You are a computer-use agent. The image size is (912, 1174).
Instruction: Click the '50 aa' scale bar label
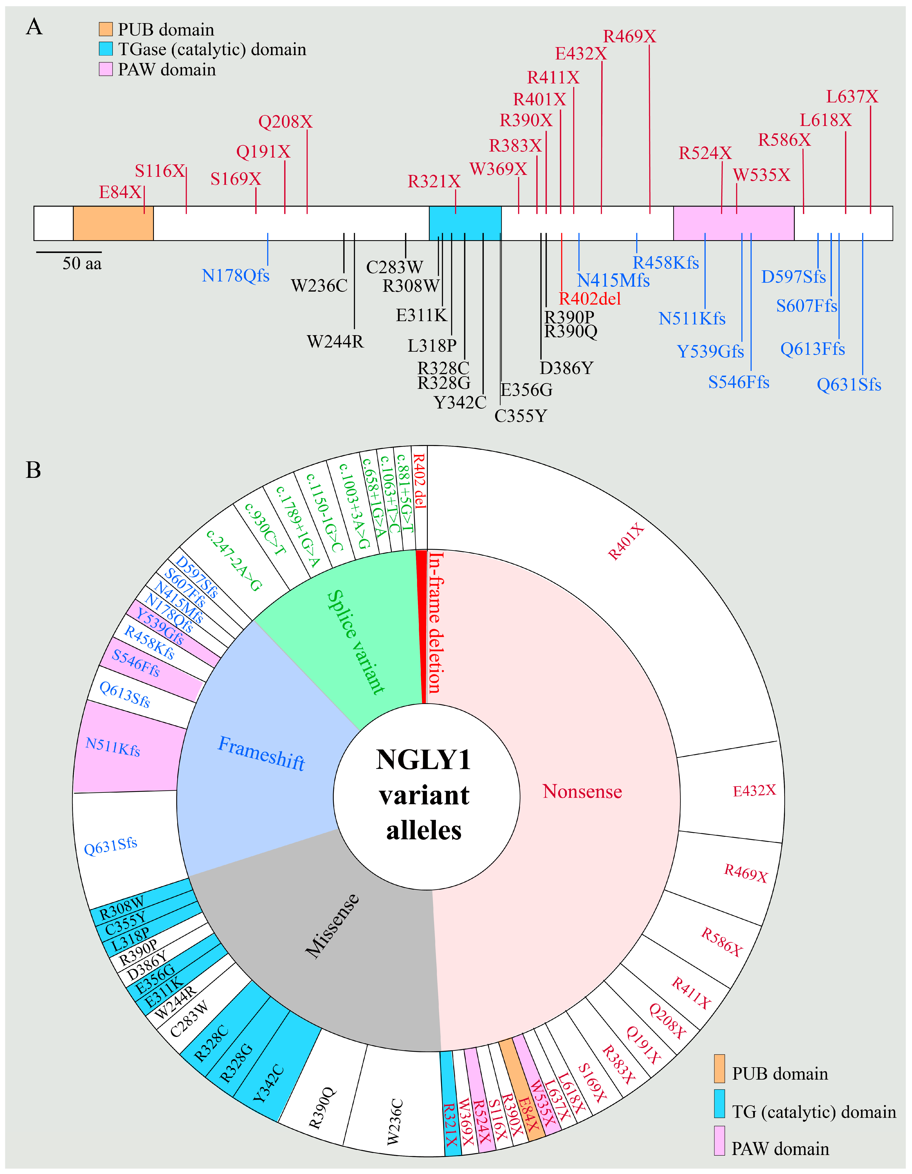82,263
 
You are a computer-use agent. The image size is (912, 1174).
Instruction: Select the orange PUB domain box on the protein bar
113,223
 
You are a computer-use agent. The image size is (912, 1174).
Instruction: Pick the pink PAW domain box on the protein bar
734,223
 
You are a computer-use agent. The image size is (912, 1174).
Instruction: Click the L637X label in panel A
852,97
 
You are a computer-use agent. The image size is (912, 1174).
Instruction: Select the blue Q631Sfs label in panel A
849,385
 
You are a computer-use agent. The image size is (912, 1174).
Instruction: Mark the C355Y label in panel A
520,416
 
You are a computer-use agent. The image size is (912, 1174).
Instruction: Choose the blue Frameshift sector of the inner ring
261,753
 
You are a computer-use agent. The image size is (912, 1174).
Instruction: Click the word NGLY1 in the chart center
424,760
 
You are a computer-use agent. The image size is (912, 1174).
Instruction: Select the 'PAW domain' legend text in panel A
167,70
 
